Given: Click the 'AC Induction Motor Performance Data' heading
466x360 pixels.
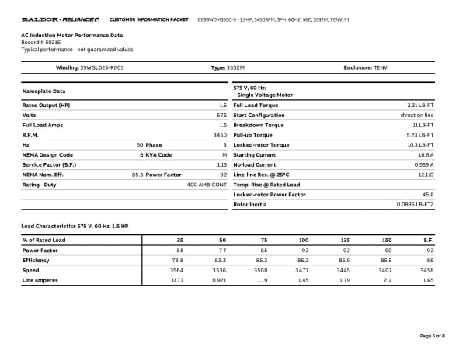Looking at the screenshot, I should [71, 36].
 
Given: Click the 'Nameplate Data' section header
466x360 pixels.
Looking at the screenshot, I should [44, 92].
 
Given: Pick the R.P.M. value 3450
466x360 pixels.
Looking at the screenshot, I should [219, 134].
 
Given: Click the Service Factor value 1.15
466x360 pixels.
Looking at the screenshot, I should [221, 164].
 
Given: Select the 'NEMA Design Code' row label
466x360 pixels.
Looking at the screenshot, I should [47, 154].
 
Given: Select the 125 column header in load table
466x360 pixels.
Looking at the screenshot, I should [346, 241].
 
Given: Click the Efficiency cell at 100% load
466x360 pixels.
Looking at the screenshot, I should [304, 260].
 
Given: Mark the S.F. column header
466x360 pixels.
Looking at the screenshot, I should [428, 241].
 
